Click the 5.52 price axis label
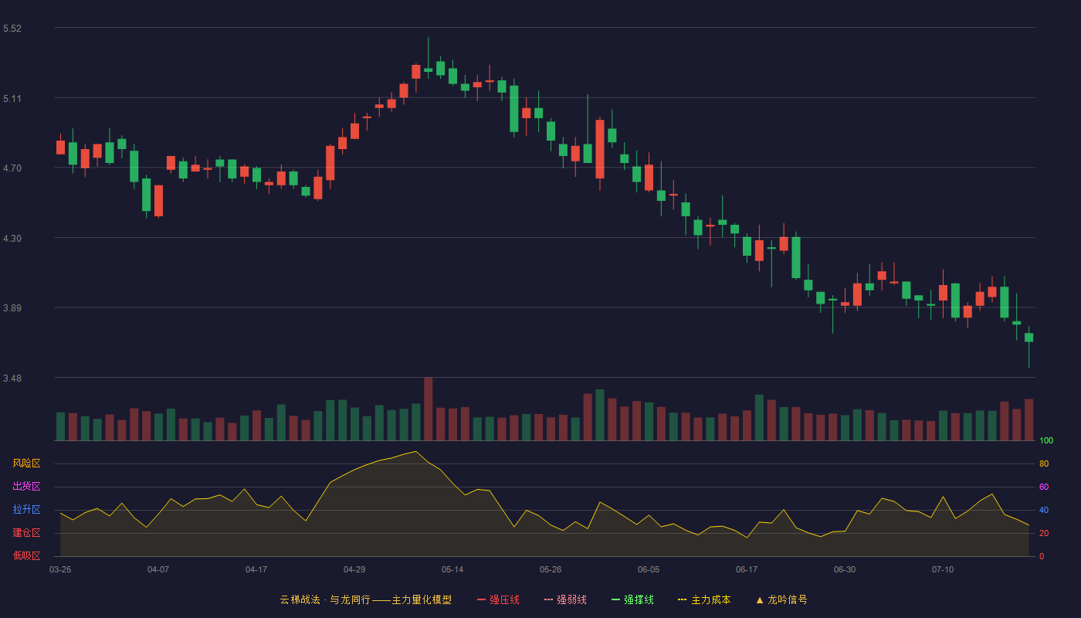tap(12, 29)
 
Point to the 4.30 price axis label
tap(12, 239)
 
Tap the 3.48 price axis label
tap(12, 378)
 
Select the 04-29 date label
tap(354, 570)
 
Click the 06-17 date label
tap(747, 570)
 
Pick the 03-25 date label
tap(60, 570)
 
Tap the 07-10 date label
tap(943, 570)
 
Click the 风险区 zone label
tap(26, 463)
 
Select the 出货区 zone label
tap(26, 486)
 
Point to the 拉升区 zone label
tap(26, 509)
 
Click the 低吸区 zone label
tap(26, 555)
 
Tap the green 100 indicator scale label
tap(1046, 440)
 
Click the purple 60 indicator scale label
tap(1044, 487)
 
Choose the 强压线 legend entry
tap(498, 599)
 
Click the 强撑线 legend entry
tap(632, 599)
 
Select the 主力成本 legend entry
tap(704, 599)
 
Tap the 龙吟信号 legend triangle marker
tap(760, 600)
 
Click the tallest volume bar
tap(428, 409)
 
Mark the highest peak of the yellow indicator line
tap(416, 451)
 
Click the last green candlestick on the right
tap(1028, 338)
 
